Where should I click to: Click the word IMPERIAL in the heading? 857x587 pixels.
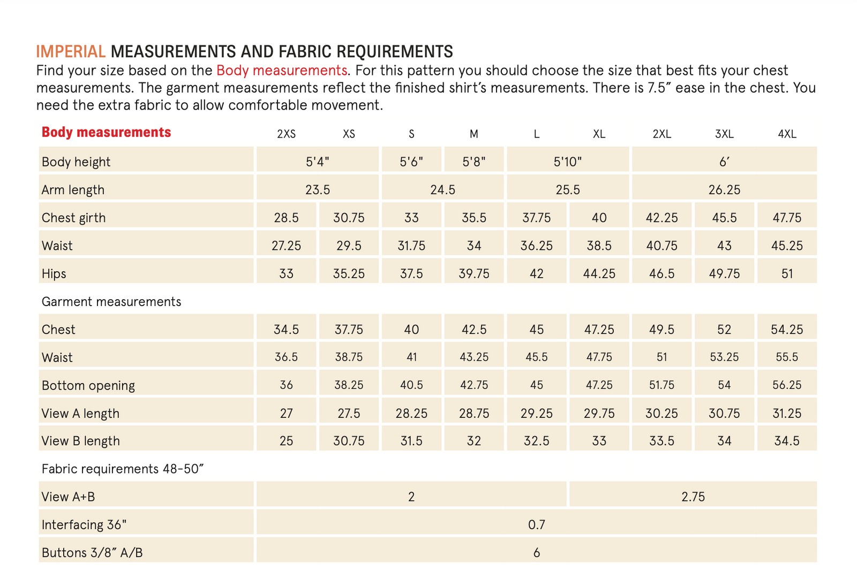(71, 51)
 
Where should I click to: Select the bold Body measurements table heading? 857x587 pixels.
(106, 132)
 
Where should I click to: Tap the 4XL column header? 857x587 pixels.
(786, 134)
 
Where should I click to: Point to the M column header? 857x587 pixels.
(473, 134)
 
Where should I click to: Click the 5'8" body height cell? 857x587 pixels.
(473, 162)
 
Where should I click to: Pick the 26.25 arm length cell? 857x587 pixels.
(724, 190)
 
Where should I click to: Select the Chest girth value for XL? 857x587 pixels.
(599, 218)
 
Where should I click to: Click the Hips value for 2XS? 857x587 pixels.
(286, 273)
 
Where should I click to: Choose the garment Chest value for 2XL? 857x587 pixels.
(661, 330)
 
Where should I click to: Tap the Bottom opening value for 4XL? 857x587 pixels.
(786, 385)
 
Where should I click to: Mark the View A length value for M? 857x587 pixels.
(473, 413)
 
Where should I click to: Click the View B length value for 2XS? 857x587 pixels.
(286, 441)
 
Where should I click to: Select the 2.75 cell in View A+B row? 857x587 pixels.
(693, 497)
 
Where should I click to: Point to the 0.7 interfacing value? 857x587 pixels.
(536, 524)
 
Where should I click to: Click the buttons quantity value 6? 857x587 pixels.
(536, 552)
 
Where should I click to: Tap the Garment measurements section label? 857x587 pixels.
(111, 302)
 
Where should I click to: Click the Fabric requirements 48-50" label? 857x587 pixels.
(123, 469)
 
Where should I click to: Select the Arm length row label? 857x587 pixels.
(73, 190)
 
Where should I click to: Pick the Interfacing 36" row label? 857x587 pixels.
(84, 524)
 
